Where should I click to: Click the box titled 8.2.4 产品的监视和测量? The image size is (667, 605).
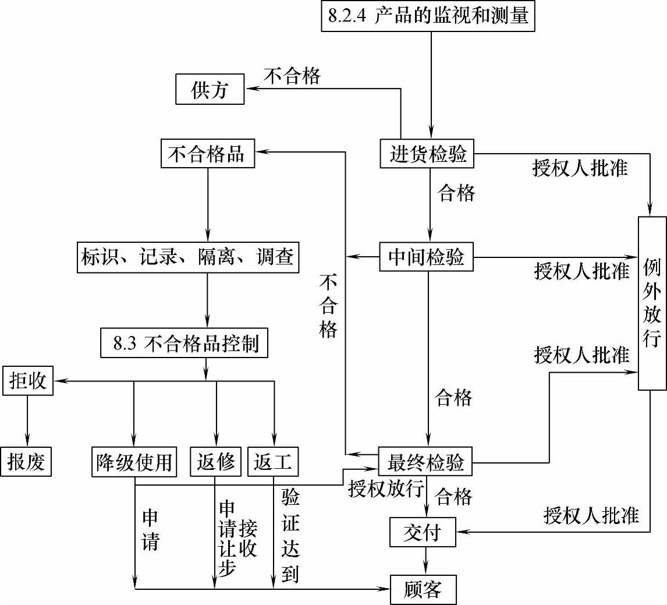click(x=428, y=16)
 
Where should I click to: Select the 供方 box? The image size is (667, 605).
click(x=210, y=90)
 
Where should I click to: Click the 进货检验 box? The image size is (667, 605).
click(x=428, y=154)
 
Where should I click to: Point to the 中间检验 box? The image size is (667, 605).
click(x=427, y=257)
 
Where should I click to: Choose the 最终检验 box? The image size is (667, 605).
click(x=425, y=463)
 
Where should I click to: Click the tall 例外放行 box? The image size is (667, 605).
click(x=652, y=303)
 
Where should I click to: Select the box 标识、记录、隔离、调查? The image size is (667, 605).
click(x=187, y=257)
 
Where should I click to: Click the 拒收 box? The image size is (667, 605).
click(x=27, y=382)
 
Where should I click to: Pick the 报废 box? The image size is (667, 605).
click(x=26, y=462)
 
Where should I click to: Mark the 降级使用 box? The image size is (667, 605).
click(x=134, y=462)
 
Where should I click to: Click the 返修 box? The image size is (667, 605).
click(x=215, y=462)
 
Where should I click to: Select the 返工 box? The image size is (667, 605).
click(x=273, y=462)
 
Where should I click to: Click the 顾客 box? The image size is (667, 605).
click(x=423, y=590)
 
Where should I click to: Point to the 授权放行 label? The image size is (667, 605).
click(x=385, y=488)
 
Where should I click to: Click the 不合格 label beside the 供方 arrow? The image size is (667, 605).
click(x=292, y=76)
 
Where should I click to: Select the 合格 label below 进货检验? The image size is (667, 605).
click(x=456, y=193)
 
